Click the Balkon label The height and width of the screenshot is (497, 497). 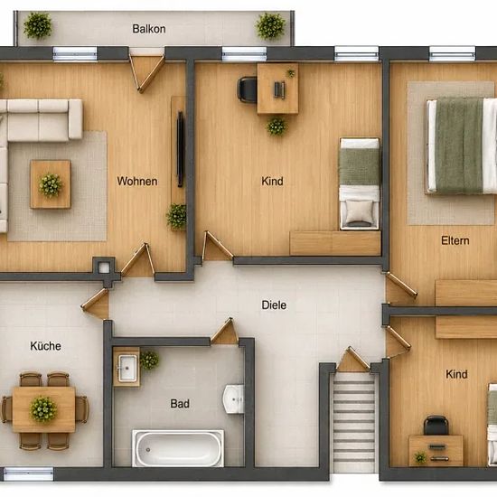149,29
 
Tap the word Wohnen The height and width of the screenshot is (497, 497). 137,181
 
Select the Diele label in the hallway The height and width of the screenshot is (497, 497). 274,305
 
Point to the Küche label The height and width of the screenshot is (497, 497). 46,345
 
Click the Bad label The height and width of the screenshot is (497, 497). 180,404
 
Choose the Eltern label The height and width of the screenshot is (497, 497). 455,240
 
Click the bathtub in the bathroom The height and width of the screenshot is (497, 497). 178,448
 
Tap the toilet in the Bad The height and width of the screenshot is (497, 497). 234,399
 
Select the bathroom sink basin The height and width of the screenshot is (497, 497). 127,368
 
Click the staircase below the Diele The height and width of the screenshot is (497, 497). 353,422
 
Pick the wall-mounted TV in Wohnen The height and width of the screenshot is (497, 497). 181,149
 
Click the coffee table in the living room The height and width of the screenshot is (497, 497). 51,184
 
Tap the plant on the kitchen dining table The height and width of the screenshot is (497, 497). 43,408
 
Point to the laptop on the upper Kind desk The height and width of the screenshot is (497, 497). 279,90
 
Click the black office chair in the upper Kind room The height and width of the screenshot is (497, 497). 248,89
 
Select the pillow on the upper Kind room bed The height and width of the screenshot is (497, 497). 359,211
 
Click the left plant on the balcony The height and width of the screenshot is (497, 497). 38,25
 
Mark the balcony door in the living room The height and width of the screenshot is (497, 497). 146,73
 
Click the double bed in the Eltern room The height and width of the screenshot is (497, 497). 462,145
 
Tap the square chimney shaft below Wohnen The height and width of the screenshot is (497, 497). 104,267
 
